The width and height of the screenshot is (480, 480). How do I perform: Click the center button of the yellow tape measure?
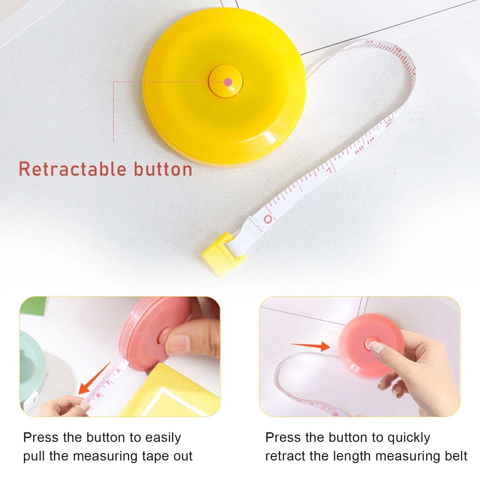tap(226, 81)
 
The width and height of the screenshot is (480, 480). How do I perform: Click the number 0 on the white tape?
tap(268, 219)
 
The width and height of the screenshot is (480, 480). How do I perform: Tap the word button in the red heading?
tap(163, 169)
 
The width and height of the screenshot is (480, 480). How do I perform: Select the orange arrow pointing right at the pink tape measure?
tap(310, 346)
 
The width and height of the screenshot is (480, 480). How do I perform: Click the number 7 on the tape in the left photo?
tap(108, 383)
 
